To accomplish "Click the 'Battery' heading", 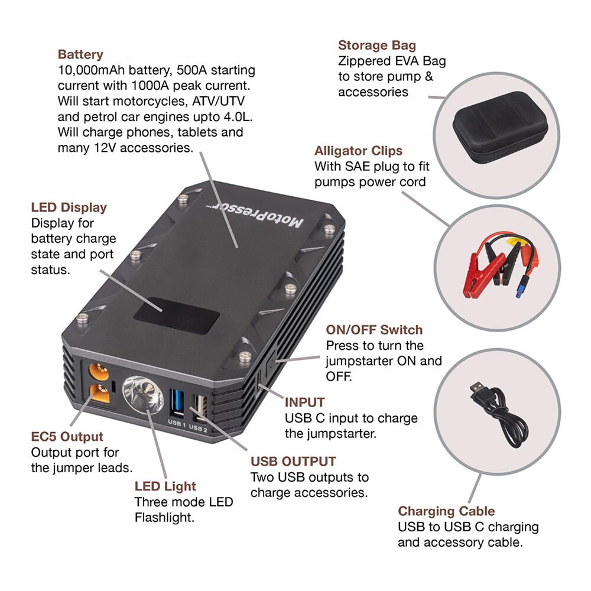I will (80, 54).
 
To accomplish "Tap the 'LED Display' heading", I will (69, 207).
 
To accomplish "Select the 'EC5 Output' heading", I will (67, 437).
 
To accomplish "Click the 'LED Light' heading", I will (165, 486).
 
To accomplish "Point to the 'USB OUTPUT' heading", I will (293, 461).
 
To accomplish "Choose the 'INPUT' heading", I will (304, 402).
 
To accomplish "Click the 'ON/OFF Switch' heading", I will (374, 329).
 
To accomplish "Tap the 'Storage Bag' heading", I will (376, 46).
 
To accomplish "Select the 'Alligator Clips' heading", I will (358, 150).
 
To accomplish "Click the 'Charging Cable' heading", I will (446, 511).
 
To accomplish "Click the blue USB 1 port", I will (177, 403).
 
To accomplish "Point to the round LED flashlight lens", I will (142, 394).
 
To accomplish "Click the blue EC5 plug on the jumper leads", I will (519, 291).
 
